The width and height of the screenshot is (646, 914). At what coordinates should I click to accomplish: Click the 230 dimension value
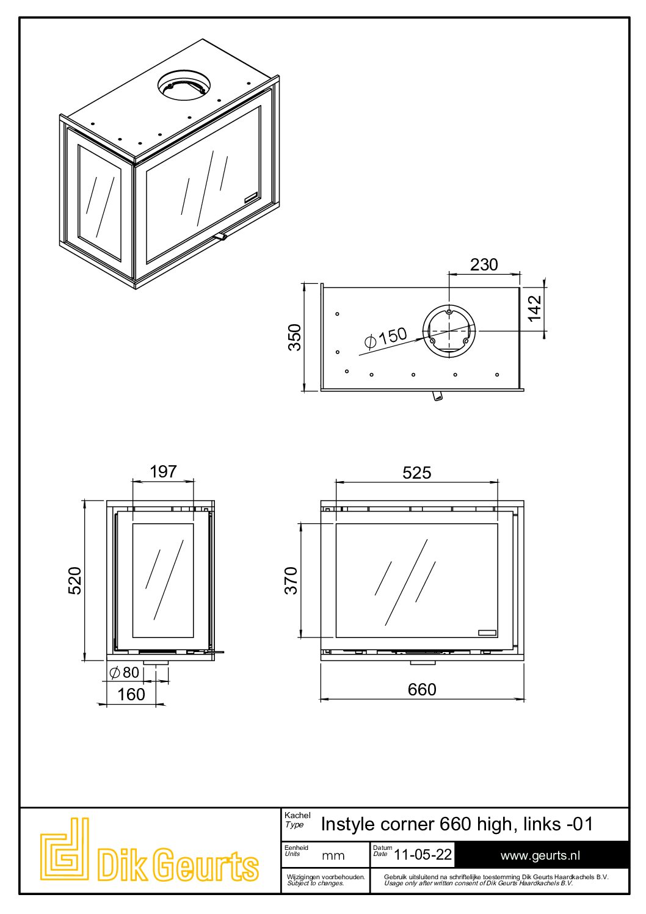coord(484,264)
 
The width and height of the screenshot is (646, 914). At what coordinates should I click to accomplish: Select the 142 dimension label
coord(534,308)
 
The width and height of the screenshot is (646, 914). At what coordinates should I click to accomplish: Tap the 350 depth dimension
coord(295,336)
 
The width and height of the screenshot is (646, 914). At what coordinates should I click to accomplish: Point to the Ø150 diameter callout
coord(385,338)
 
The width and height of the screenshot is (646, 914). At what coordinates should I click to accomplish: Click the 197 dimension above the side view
coord(163,471)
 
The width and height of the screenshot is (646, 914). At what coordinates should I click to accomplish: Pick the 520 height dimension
coord(74,580)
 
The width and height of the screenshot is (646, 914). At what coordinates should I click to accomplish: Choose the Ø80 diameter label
coord(125,672)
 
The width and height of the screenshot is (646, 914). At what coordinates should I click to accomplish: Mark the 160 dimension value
coord(131,694)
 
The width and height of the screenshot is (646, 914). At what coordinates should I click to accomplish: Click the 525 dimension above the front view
coord(416,473)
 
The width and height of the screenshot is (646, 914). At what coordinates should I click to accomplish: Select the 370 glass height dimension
coord(291,580)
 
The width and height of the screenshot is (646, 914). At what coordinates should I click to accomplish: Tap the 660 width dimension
coord(422,689)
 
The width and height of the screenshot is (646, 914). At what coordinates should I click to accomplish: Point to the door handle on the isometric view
coord(220,236)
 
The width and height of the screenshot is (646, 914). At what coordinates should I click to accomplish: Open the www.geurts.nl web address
coord(540,855)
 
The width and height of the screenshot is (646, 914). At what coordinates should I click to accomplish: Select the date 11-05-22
coord(423,854)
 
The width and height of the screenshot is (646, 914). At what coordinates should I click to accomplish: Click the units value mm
coord(333,855)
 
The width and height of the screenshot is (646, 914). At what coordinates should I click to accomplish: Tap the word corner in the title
coord(407,824)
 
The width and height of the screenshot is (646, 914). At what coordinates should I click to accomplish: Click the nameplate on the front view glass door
coord(487,633)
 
